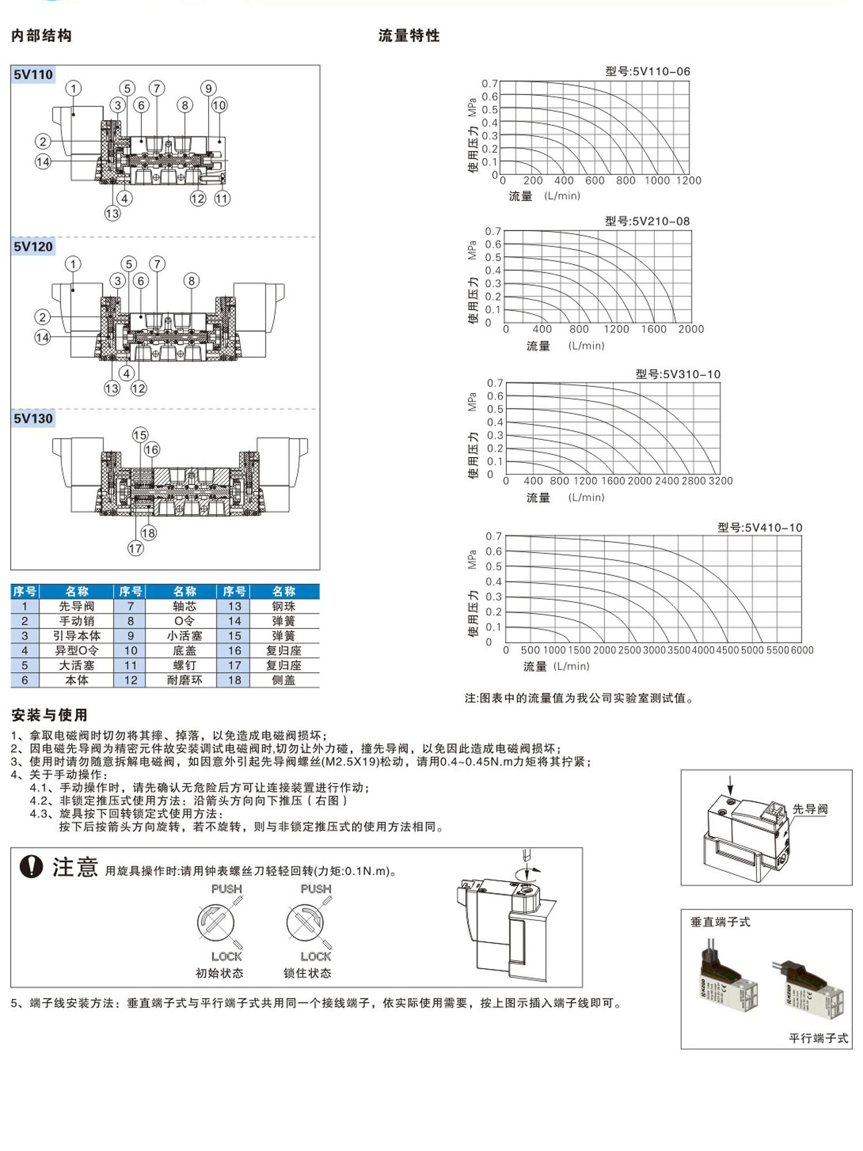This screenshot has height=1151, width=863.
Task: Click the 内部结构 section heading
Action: click(41, 36)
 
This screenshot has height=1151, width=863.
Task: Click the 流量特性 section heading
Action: click(409, 36)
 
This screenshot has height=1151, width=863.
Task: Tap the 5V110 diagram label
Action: click(33, 75)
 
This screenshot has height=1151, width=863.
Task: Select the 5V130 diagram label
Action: click(33, 419)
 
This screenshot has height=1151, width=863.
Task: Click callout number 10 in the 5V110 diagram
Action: click(219, 105)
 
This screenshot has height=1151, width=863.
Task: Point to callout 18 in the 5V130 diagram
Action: click(148, 533)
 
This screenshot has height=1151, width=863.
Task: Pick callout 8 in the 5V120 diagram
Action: click(192, 281)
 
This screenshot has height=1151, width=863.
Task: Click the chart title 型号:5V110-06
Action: click(647, 71)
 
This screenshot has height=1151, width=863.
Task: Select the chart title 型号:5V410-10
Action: click(759, 527)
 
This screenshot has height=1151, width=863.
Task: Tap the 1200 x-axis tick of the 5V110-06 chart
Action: click(689, 181)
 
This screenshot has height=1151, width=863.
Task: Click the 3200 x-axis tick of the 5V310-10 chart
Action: click(721, 481)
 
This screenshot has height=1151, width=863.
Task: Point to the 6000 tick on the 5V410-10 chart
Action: click(802, 650)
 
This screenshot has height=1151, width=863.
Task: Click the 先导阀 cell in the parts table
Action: click(77, 606)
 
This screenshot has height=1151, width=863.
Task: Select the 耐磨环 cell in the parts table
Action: click(185, 680)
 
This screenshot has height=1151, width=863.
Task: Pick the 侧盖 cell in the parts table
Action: click(284, 680)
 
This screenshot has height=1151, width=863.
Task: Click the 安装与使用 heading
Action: click(49, 715)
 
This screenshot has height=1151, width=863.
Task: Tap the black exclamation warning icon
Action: click(31, 866)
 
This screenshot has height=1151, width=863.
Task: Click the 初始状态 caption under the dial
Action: click(220, 973)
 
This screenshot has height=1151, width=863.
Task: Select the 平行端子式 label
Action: click(818, 1038)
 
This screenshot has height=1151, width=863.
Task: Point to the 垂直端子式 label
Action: click(720, 922)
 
